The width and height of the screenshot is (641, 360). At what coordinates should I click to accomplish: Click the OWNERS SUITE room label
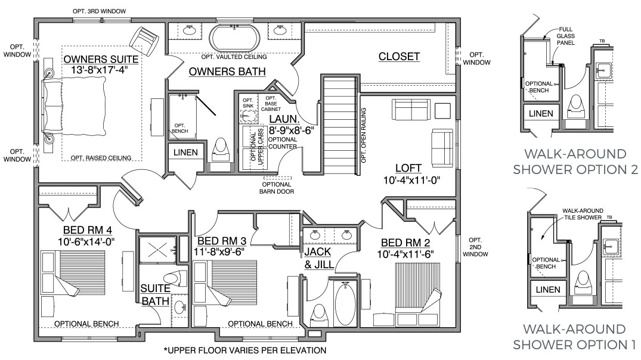[x=101, y=60]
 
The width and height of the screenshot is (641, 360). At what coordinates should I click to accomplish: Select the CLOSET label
[x=399, y=57]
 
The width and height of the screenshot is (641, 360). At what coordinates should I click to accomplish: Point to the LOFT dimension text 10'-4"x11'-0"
[x=411, y=180]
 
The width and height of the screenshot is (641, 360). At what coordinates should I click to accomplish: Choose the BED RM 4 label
[x=88, y=231]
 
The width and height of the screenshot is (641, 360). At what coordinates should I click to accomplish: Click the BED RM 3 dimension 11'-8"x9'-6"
[x=219, y=252]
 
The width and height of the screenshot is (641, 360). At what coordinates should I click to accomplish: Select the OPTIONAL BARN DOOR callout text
[x=277, y=188]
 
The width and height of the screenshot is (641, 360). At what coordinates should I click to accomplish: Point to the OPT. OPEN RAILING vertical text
[x=363, y=135]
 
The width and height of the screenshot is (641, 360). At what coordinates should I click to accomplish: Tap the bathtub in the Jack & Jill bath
[x=345, y=303]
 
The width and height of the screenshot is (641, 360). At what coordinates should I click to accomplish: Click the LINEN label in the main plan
[x=185, y=153]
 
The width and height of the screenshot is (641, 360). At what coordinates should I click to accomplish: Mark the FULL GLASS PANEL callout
[x=566, y=36]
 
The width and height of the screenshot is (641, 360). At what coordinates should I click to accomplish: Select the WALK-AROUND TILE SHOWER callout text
[x=583, y=214]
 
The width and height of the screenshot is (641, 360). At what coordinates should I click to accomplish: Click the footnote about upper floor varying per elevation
[x=245, y=350]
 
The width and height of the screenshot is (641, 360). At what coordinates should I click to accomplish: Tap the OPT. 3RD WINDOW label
[x=100, y=11]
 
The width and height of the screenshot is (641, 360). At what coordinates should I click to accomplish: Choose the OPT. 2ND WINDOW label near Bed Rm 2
[x=475, y=247]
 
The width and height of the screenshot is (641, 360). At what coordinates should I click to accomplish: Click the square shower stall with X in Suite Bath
[x=157, y=249]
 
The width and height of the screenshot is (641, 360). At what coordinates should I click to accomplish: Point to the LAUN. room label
[x=284, y=120]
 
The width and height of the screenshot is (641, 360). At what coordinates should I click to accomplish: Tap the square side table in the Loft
[x=442, y=111]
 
